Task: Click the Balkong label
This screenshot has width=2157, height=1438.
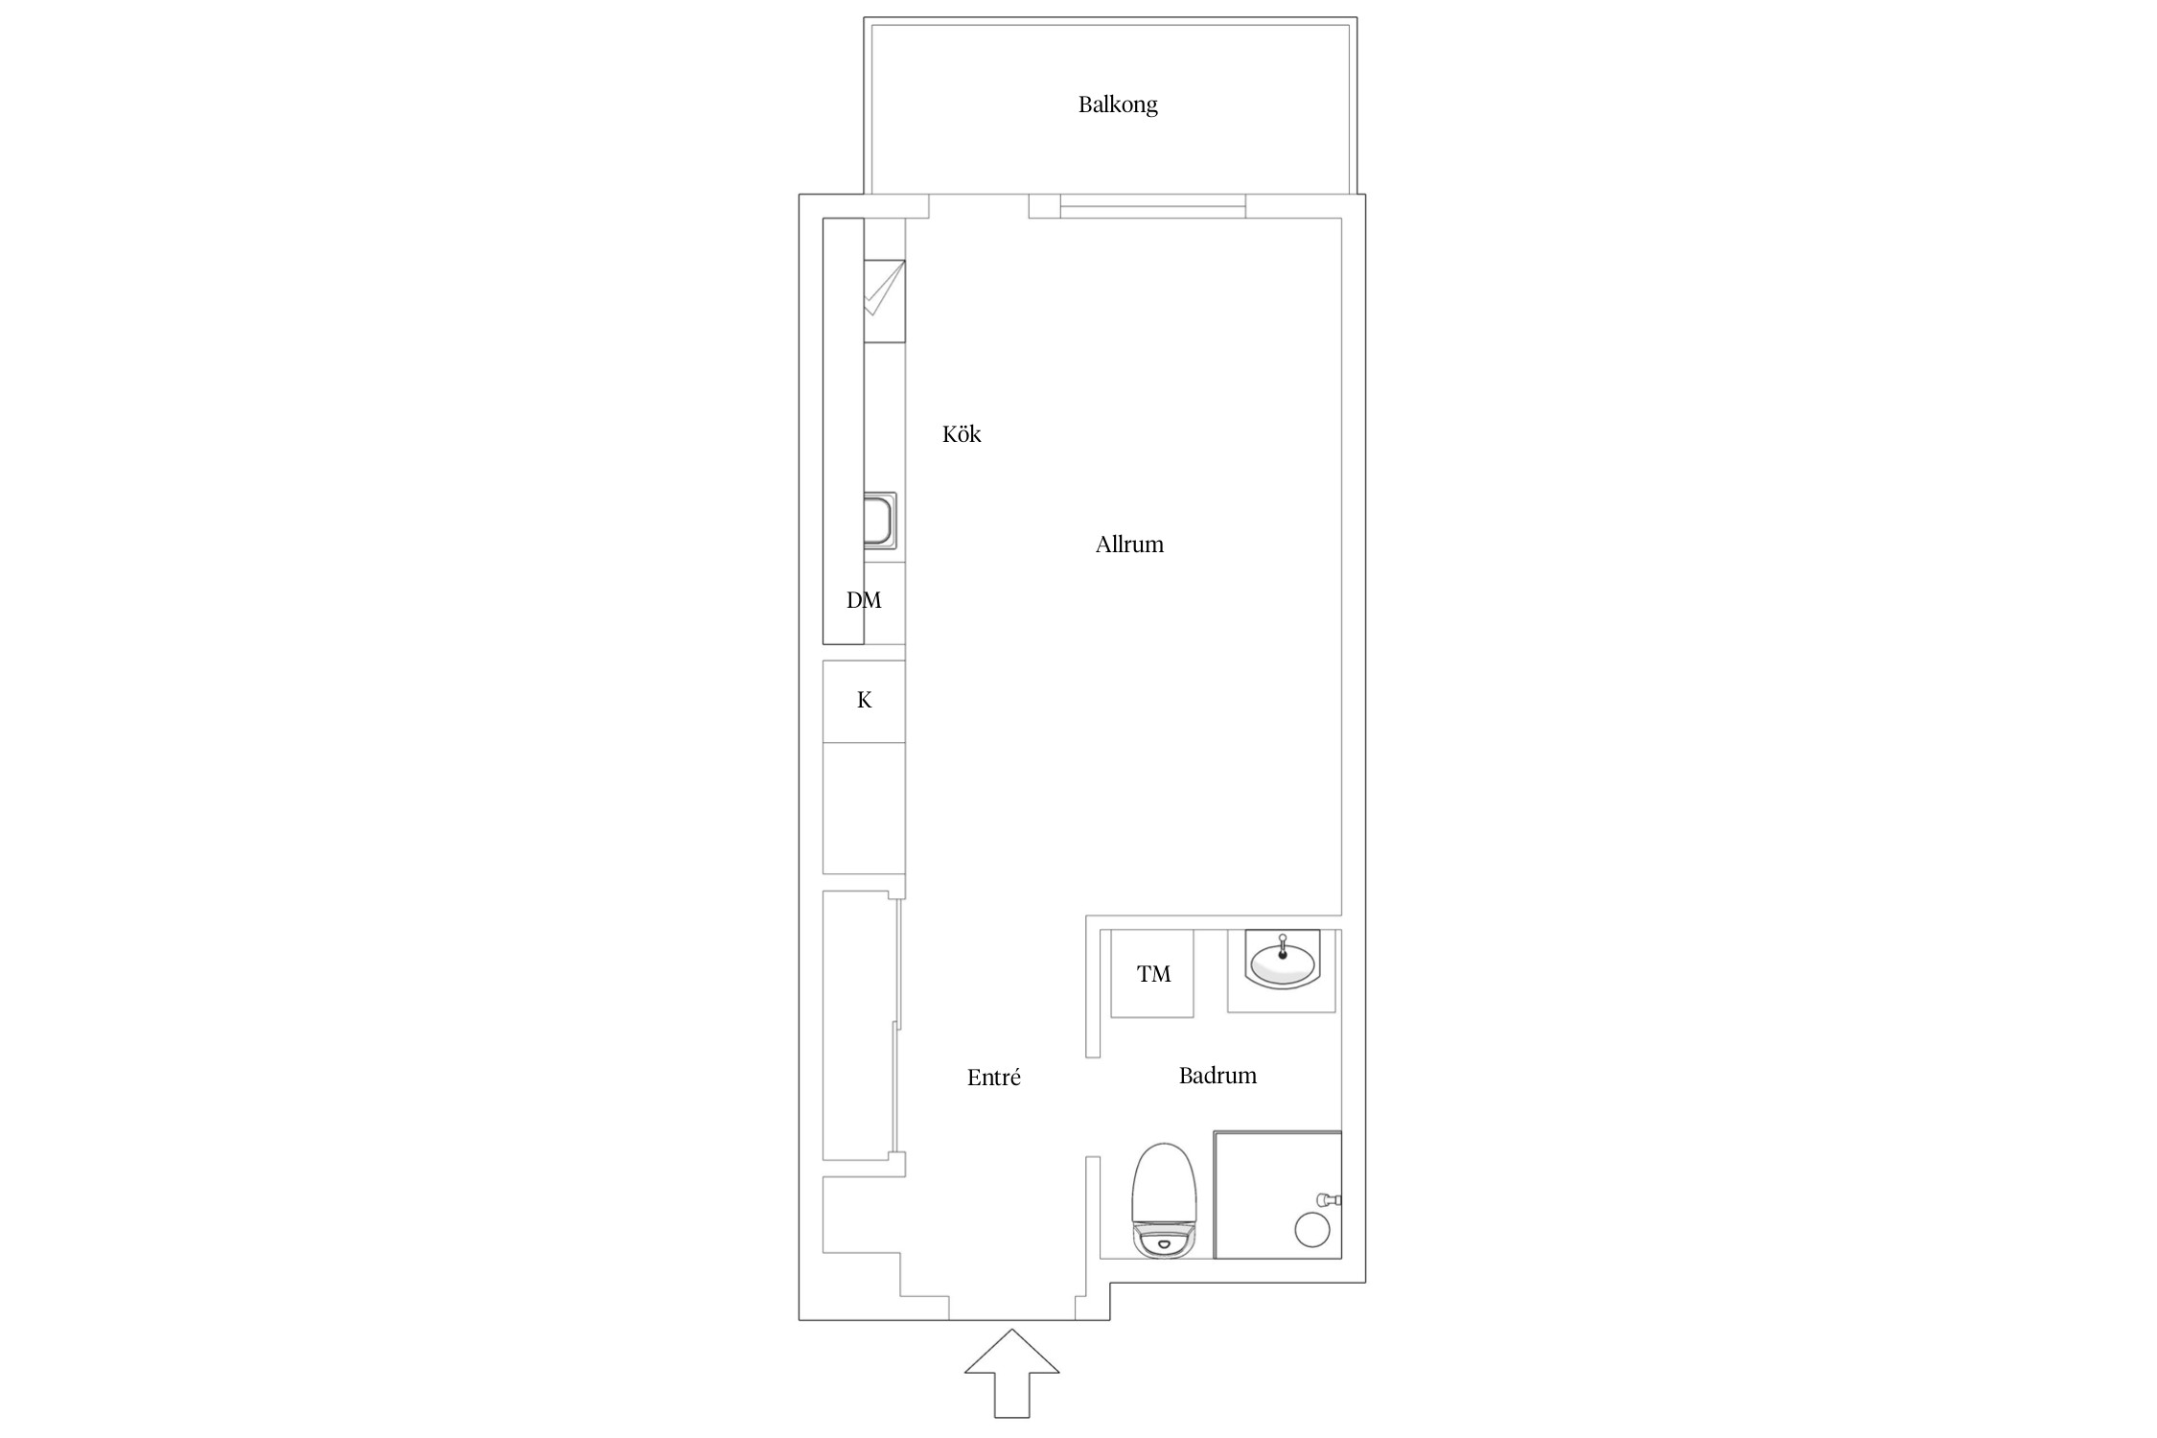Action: pyautogui.click(x=1118, y=104)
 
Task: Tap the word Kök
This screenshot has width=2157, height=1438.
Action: pyautogui.click(x=962, y=434)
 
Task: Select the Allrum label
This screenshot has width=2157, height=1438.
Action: pyautogui.click(x=1129, y=545)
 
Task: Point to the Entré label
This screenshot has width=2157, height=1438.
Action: pyautogui.click(x=994, y=1078)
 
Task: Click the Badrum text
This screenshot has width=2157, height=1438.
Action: pyautogui.click(x=1218, y=1076)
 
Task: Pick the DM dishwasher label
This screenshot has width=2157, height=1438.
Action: pyautogui.click(x=864, y=600)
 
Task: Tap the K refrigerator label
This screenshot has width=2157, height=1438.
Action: pyautogui.click(x=864, y=701)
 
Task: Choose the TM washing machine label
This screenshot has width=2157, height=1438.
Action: pyautogui.click(x=1153, y=974)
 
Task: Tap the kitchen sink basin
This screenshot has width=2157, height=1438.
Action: pyautogui.click(x=880, y=521)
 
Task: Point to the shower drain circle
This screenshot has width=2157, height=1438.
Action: pyautogui.click(x=1312, y=1230)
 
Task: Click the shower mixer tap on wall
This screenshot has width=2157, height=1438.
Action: pyautogui.click(x=1330, y=1199)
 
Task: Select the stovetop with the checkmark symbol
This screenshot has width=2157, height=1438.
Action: pyautogui.click(x=884, y=301)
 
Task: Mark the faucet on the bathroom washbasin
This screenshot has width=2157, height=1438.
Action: pyautogui.click(x=1283, y=946)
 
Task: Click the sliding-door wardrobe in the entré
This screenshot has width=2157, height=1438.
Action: pyautogui.click(x=863, y=1025)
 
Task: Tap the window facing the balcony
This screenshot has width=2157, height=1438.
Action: pyautogui.click(x=1152, y=206)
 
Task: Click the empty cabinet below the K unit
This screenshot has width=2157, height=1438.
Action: pyautogui.click(x=864, y=808)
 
